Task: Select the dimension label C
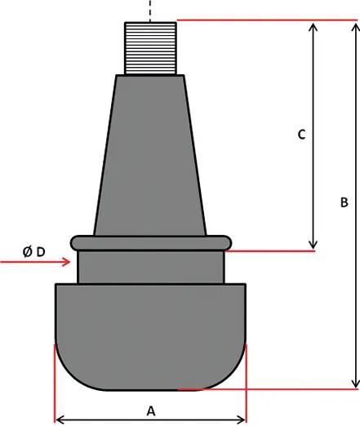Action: [301, 134]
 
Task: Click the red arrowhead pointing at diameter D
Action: [67, 262]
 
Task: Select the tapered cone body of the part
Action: [150, 155]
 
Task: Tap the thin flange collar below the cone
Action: [150, 242]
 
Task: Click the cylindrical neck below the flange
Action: [150, 266]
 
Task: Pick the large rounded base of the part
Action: [150, 335]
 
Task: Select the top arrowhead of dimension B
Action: [353, 26]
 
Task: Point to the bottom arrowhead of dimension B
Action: [353, 383]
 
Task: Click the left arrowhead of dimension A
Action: [60, 419]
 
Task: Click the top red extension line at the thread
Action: [261, 20]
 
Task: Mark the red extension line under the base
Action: [261, 389]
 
